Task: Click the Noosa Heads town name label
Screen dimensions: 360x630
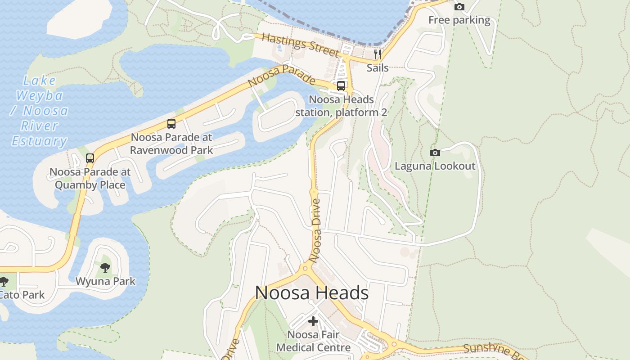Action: click(312, 293)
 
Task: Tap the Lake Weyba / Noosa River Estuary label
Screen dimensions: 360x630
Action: click(40, 111)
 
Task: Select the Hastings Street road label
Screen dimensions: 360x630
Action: click(300, 45)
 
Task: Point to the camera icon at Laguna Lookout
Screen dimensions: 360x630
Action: click(435, 153)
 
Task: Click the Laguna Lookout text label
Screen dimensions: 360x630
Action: click(435, 166)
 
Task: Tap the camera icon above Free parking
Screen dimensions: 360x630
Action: click(459, 7)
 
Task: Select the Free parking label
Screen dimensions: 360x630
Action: click(459, 20)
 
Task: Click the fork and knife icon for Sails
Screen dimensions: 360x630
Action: click(378, 54)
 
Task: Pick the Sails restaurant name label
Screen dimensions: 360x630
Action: click(378, 68)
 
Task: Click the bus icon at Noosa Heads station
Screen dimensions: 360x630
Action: click(341, 86)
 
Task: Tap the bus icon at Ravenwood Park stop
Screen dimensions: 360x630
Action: click(171, 124)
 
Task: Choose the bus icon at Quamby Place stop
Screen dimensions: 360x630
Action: click(90, 158)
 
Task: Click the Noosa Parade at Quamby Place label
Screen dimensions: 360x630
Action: click(90, 178)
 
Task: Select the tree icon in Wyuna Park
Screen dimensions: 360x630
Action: click(105, 268)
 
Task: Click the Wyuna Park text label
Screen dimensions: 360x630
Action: click(105, 282)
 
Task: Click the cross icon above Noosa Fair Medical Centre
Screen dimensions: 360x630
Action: click(313, 321)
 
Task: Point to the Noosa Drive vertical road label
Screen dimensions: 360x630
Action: click(316, 230)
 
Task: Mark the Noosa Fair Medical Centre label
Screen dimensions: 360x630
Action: click(313, 341)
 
